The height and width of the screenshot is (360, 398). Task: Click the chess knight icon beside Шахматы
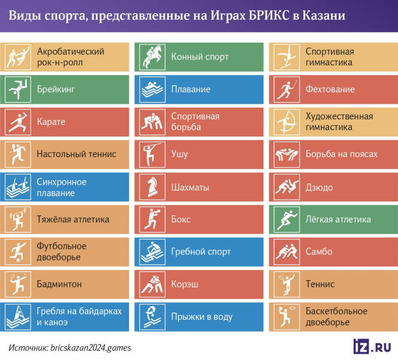click(x=149, y=187)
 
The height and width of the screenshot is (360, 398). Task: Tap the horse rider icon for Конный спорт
click(x=149, y=57)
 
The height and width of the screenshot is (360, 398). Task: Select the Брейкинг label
click(x=56, y=89)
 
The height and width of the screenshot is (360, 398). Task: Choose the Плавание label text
click(x=191, y=89)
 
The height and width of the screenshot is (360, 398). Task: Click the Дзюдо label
click(x=319, y=187)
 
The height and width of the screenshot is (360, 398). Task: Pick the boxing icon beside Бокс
click(x=149, y=220)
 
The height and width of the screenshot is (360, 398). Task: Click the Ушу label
click(x=179, y=154)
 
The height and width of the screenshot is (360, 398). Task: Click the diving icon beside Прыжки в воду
click(x=149, y=316)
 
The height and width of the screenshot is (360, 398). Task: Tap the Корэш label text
click(x=185, y=284)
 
